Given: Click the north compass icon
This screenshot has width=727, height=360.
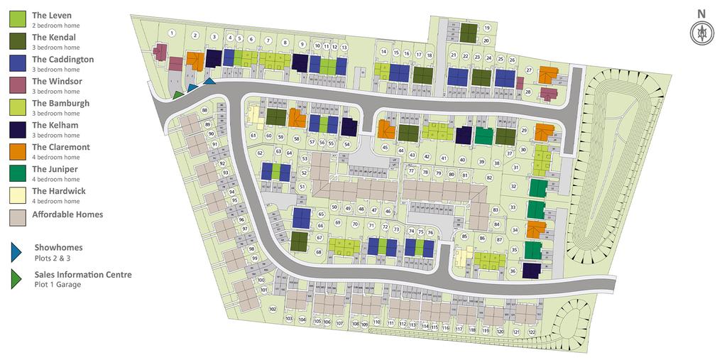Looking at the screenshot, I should coord(701,33).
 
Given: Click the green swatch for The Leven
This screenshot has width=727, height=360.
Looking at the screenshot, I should coord(18,20).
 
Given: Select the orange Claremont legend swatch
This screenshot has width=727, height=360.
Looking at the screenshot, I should coord(18,152).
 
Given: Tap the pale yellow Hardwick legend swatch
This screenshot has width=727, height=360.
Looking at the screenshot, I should coord(18,196).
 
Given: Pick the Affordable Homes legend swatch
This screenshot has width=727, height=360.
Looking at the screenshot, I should coord(18,216).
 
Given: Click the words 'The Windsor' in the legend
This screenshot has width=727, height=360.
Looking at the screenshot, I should coord(57,82).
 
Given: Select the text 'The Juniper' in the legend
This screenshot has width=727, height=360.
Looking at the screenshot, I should coord(55,170).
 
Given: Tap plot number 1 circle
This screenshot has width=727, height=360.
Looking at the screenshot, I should coord(171,33).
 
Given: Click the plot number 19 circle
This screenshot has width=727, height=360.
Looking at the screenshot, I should coord(487,28).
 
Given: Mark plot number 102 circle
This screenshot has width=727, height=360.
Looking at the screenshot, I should coord(273,309).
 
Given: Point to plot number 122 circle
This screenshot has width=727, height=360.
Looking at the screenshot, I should coord(531,332).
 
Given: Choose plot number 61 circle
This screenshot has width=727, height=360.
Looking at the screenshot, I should coord(253,135).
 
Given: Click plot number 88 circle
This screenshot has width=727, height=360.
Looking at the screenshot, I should coord(204,111).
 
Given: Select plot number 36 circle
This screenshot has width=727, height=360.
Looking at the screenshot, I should coord(513,271).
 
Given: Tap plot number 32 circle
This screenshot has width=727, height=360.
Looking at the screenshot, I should coord(513,187).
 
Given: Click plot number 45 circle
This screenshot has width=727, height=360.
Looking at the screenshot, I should coord(385,148).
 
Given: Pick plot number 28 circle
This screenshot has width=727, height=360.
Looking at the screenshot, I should coord(528,92).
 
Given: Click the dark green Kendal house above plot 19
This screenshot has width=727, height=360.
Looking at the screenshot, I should coord(468,32).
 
